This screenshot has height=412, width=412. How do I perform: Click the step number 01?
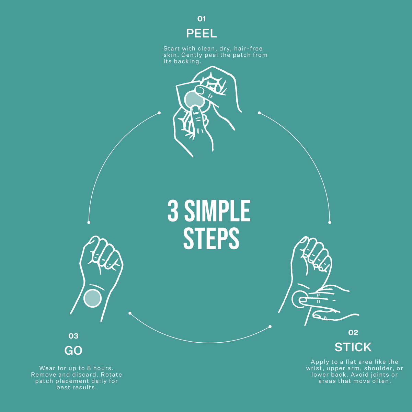(202, 19)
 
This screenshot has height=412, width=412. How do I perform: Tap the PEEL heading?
(202, 33)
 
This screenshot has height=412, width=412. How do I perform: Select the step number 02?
(353, 332)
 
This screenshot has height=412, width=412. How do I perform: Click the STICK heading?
(353, 347)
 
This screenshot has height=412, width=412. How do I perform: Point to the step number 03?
(73, 336)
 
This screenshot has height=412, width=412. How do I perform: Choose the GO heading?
(73, 351)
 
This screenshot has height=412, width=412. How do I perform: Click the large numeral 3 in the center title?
(173, 211)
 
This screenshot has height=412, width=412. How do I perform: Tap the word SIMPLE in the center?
(217, 211)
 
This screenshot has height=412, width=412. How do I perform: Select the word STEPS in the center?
(211, 238)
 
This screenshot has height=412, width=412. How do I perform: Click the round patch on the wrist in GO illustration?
(92, 298)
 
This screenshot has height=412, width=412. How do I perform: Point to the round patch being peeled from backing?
(194, 100)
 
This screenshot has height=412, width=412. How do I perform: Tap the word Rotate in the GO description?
(111, 375)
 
